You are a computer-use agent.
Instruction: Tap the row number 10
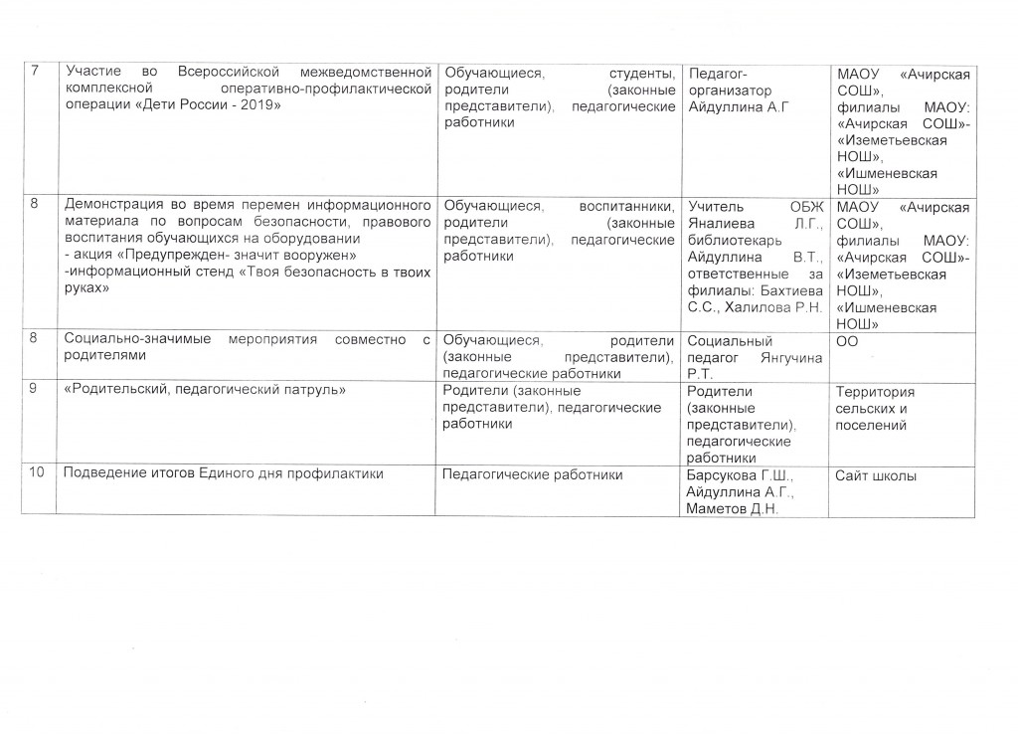37,474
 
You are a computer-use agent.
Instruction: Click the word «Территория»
876,392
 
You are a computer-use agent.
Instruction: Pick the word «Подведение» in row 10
102,474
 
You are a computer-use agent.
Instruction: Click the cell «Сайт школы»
876,475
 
